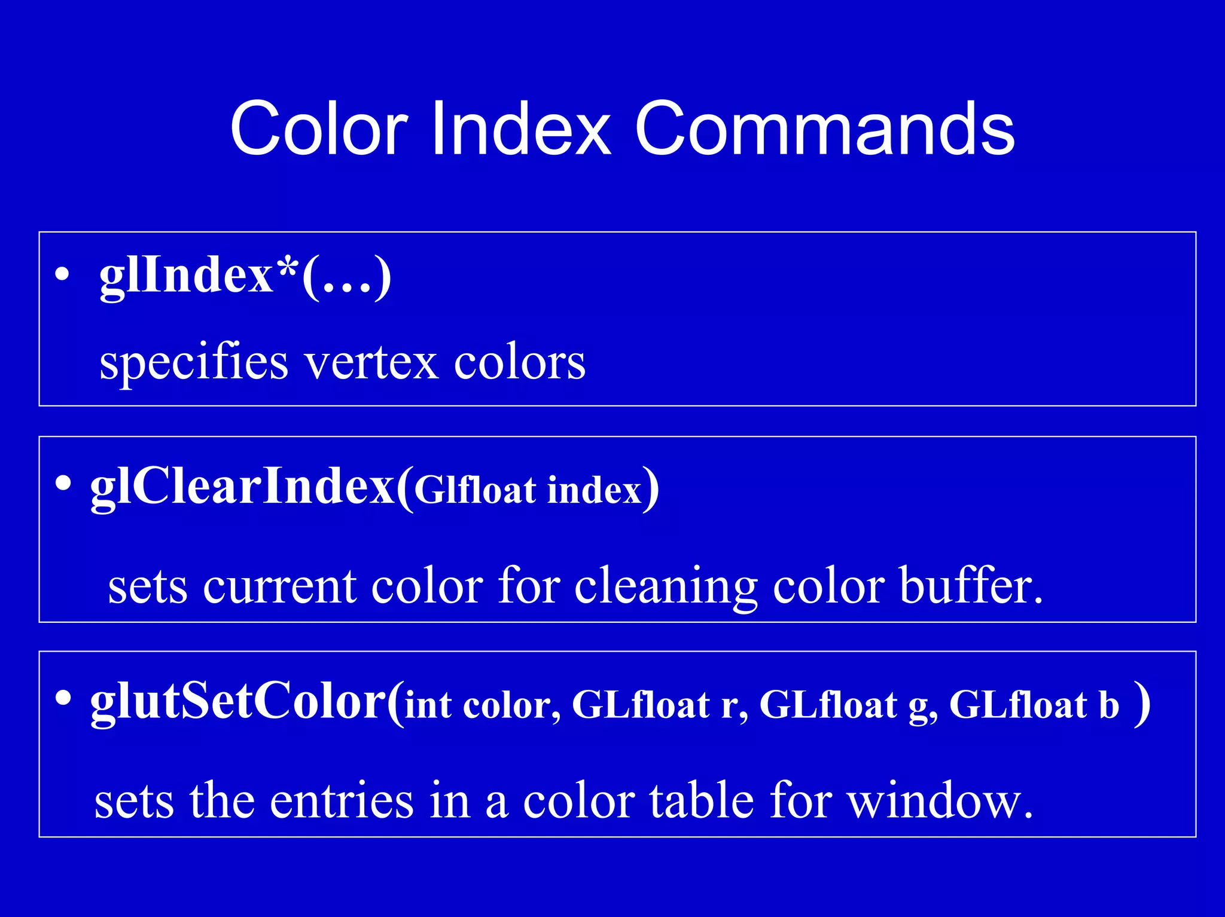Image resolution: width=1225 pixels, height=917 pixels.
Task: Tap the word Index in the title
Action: click(x=520, y=129)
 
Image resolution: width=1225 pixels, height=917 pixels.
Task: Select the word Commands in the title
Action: click(x=824, y=129)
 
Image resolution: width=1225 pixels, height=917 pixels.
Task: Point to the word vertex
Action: click(x=371, y=363)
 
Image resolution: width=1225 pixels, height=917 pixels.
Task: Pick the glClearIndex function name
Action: click(x=242, y=487)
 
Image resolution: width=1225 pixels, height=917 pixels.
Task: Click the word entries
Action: click(x=342, y=801)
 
